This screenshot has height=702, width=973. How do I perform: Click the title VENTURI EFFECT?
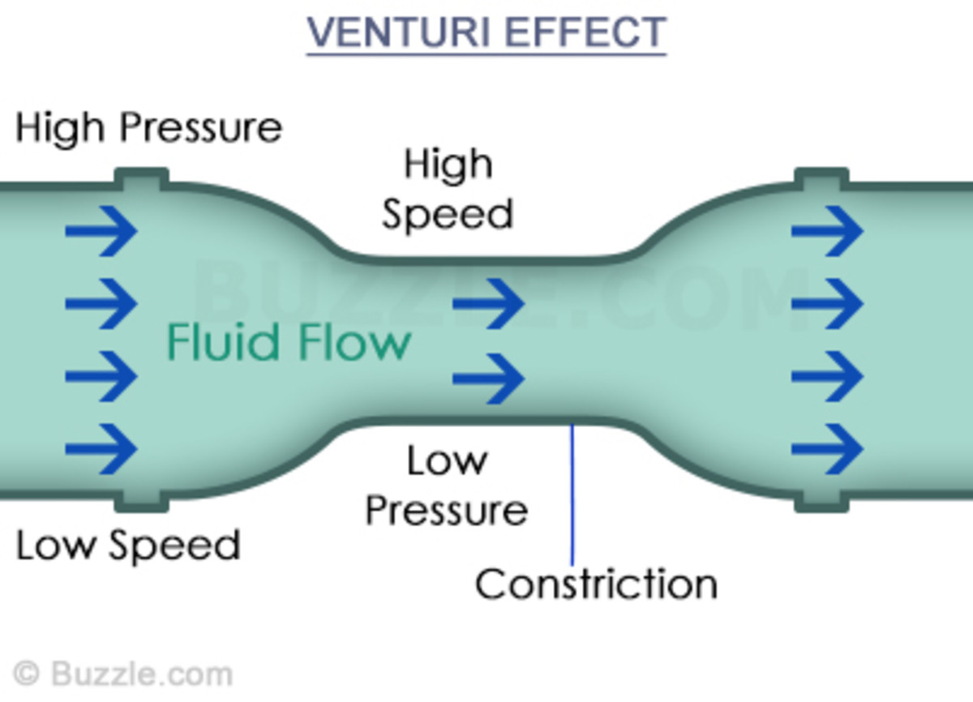486,32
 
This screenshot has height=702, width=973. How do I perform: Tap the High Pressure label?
149,128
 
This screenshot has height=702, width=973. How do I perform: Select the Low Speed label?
128,546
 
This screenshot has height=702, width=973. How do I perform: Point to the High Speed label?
448,190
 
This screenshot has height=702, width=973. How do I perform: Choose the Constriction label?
596,584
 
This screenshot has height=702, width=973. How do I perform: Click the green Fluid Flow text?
288,341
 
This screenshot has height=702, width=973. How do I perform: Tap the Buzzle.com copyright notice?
124,674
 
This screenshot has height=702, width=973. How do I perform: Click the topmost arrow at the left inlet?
101,231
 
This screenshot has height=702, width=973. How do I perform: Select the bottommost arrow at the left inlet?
101,448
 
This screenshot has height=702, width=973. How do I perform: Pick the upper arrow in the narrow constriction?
488,304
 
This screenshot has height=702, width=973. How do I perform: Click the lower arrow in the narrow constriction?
488,378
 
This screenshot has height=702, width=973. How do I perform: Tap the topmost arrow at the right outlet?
827,231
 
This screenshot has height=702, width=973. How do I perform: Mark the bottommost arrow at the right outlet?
827,448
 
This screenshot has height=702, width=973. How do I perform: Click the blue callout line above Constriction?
572,494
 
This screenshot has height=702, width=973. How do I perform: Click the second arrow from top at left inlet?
101,304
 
